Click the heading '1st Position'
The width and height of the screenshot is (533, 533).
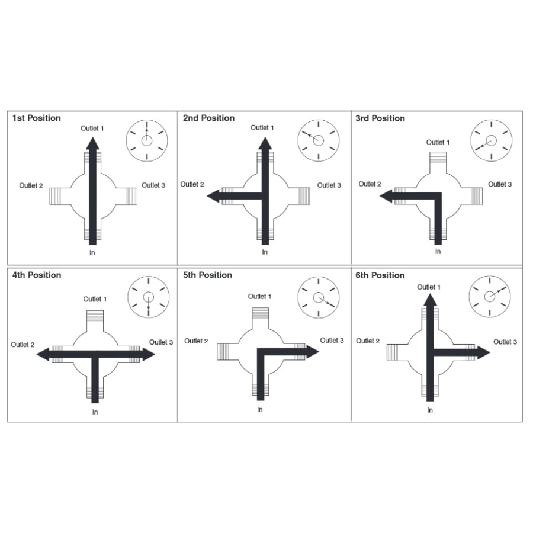coord(37,118)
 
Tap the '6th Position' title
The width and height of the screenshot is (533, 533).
coord(380,275)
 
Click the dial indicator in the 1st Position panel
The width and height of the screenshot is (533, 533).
coord(147,140)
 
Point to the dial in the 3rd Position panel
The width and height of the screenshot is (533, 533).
coord(491,141)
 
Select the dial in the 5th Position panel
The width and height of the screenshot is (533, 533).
coord(319,297)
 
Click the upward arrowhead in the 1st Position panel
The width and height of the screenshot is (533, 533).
coord(92,143)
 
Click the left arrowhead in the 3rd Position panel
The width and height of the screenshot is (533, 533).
coord(386,195)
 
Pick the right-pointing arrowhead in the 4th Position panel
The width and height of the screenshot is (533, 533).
coord(149,354)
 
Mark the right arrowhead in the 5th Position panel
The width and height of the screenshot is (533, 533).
coord(312,351)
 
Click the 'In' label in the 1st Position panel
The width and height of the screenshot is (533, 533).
coord(92,253)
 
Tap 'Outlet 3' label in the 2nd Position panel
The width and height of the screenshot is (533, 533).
coord(329,185)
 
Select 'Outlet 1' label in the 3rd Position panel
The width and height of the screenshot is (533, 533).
coord(438,142)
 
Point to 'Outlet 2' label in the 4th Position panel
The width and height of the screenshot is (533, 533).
coord(23,345)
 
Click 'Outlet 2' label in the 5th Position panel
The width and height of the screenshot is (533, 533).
coord(196,341)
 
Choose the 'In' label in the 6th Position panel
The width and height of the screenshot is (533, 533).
coord(430,410)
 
